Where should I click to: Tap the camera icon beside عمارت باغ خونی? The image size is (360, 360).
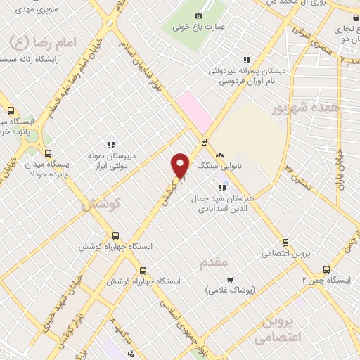pyautogui.click(x=198, y=15)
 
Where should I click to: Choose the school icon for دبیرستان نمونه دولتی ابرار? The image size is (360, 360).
pyautogui.click(x=109, y=144)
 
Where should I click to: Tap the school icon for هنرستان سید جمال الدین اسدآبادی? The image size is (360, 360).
pyautogui.click(x=222, y=188)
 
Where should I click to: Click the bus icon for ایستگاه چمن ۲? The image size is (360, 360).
pyautogui.click(x=326, y=269)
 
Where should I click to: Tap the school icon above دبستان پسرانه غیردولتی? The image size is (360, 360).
pyautogui.click(x=246, y=60)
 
